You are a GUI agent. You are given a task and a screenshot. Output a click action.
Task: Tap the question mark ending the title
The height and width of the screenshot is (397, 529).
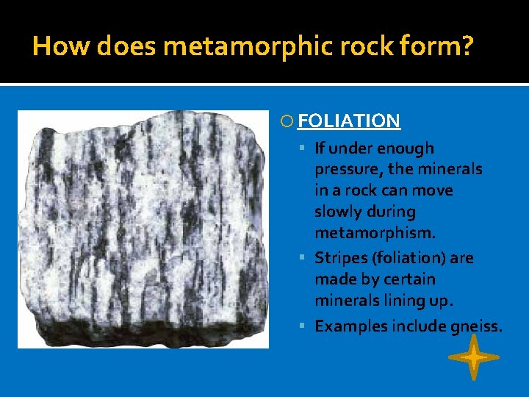pyautogui.click(x=467, y=47)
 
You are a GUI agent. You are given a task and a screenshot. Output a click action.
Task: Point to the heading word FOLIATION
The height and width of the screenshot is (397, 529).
pyautogui.click(x=349, y=121)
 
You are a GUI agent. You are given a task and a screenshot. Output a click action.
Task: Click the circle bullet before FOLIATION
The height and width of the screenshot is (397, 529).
pyautogui.click(x=287, y=122)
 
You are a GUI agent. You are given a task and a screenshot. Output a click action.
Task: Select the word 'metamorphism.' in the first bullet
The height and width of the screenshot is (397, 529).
pyautogui.click(x=375, y=233)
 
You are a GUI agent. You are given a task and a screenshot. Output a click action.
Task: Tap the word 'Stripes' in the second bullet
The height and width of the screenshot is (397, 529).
pyautogui.click(x=340, y=258)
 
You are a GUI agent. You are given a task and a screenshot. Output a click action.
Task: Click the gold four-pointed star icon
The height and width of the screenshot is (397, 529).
pyautogui.click(x=473, y=358)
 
